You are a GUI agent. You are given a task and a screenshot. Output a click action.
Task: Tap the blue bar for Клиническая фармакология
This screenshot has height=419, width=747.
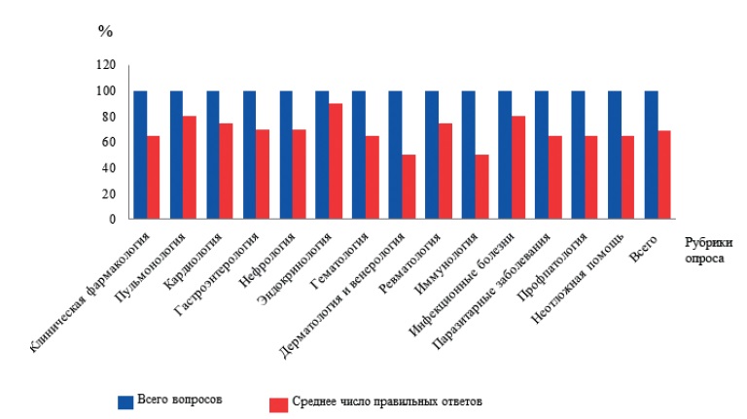(140, 156)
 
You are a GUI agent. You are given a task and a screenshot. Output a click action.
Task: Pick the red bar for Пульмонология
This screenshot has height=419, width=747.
(190, 168)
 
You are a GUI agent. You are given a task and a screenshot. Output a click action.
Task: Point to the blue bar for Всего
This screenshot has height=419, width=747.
(651, 156)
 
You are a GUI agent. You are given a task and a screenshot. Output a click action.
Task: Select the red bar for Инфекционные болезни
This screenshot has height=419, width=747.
(518, 168)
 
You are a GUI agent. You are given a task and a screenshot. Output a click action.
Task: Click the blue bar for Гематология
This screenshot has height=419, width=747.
(359, 156)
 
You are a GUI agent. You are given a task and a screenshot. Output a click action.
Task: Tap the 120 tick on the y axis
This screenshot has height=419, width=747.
(105, 65)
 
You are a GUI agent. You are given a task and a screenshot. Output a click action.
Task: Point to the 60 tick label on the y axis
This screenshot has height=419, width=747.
(108, 142)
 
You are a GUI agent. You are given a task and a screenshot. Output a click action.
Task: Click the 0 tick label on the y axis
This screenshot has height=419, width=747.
(112, 219)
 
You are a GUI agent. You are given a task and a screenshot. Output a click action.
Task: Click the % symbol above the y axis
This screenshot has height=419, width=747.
(105, 30)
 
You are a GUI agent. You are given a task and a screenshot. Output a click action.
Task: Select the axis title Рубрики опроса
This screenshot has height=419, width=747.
(708, 253)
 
